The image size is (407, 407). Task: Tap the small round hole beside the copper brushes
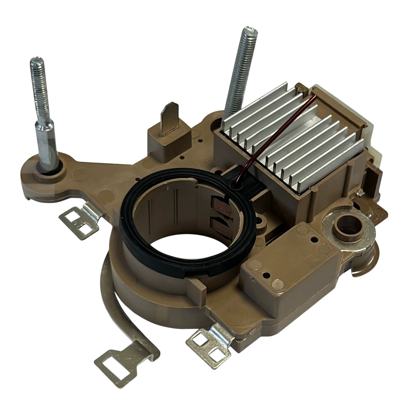261,221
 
